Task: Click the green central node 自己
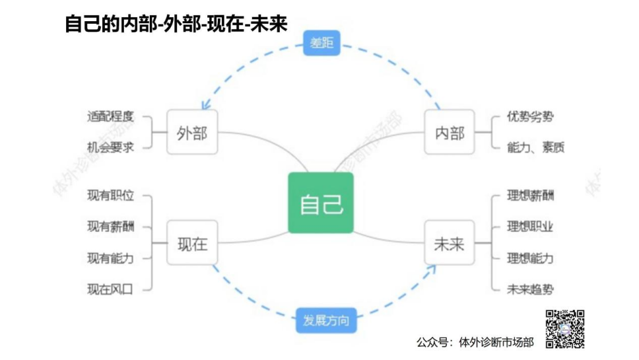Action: point(321,203)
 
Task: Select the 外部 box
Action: point(192,133)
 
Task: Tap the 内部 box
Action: point(450,133)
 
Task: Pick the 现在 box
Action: point(192,243)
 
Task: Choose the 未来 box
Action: point(450,243)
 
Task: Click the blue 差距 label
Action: point(322,44)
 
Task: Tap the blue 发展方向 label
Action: point(326,322)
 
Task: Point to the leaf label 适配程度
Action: point(110,117)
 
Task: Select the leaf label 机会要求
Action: point(110,147)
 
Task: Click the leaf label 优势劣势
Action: point(530,118)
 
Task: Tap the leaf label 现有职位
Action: point(110,196)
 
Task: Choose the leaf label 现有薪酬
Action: point(110,227)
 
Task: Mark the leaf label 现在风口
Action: point(110,289)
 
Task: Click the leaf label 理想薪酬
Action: point(530,196)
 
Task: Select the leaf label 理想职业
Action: point(530,227)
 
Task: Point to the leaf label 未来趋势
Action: point(530,289)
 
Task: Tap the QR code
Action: point(565,328)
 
